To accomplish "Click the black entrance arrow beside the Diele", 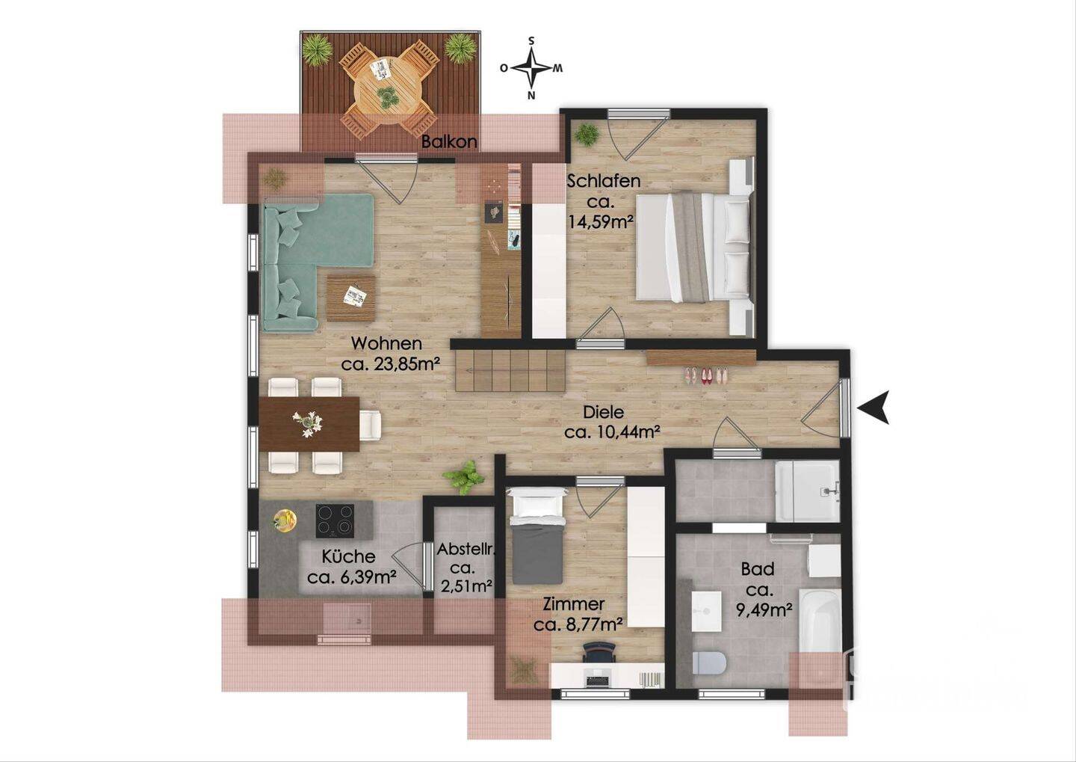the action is point(871,408).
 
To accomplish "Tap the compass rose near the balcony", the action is point(531,68).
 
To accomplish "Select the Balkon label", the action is point(449,141).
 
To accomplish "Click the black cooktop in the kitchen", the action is point(335,520).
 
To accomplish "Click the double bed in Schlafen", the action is point(693,247).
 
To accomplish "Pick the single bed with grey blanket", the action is point(537,535).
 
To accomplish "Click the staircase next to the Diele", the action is point(510,370).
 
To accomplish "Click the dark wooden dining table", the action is point(309,424).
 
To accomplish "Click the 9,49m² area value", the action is point(764,610).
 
